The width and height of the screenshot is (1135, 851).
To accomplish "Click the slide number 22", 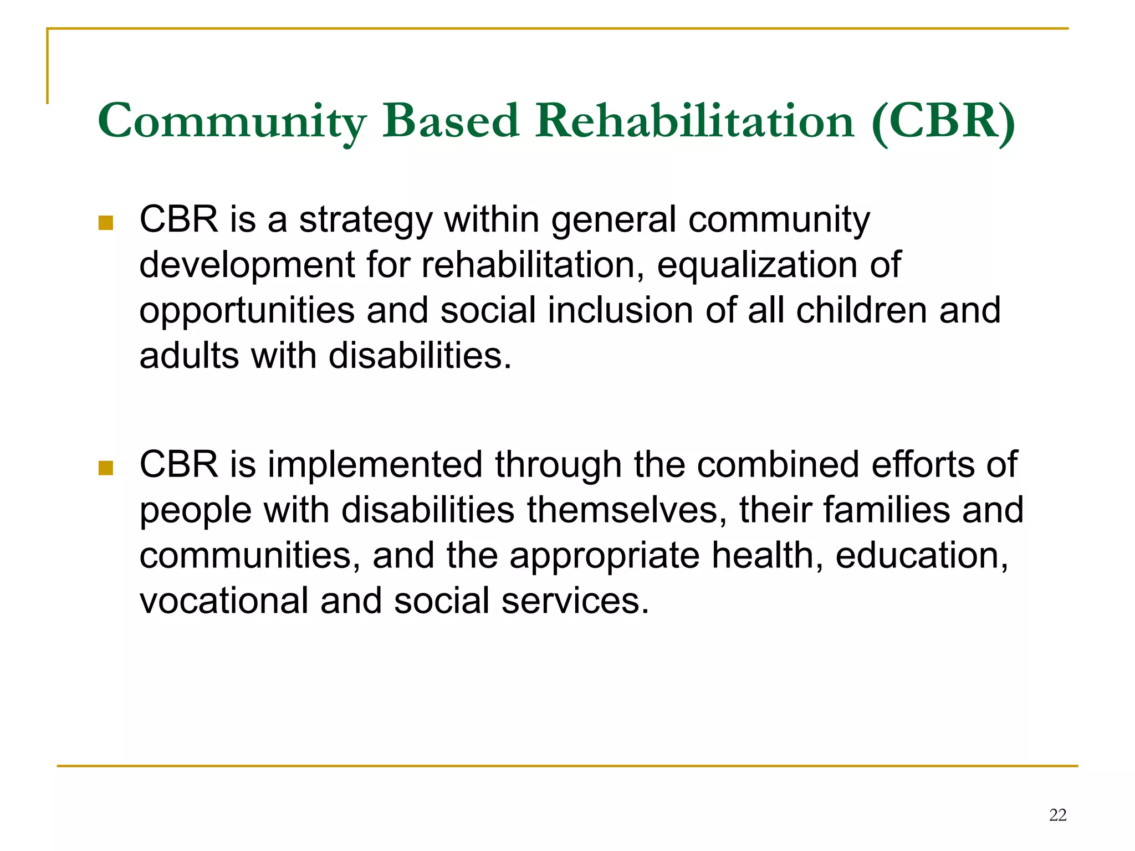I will (x=1057, y=815).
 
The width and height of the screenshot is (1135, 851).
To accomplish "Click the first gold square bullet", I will (x=105, y=223).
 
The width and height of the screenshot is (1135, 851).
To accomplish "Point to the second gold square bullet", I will (x=105, y=468).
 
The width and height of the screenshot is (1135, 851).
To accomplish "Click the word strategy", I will (x=365, y=221).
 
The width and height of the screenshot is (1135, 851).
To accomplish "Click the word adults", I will (x=189, y=356).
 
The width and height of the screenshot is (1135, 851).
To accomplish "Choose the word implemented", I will (x=375, y=465).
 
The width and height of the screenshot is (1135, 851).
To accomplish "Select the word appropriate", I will (x=604, y=557).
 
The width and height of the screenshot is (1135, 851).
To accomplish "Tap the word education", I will (x=921, y=556).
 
